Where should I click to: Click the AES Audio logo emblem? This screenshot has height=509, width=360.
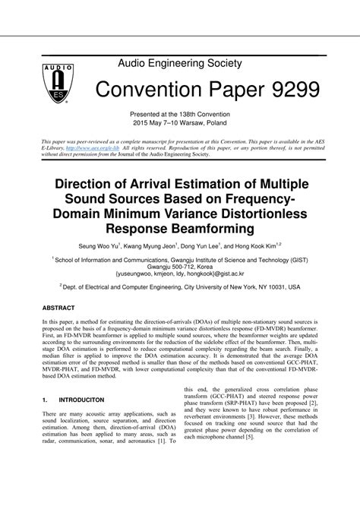coord(46,83)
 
